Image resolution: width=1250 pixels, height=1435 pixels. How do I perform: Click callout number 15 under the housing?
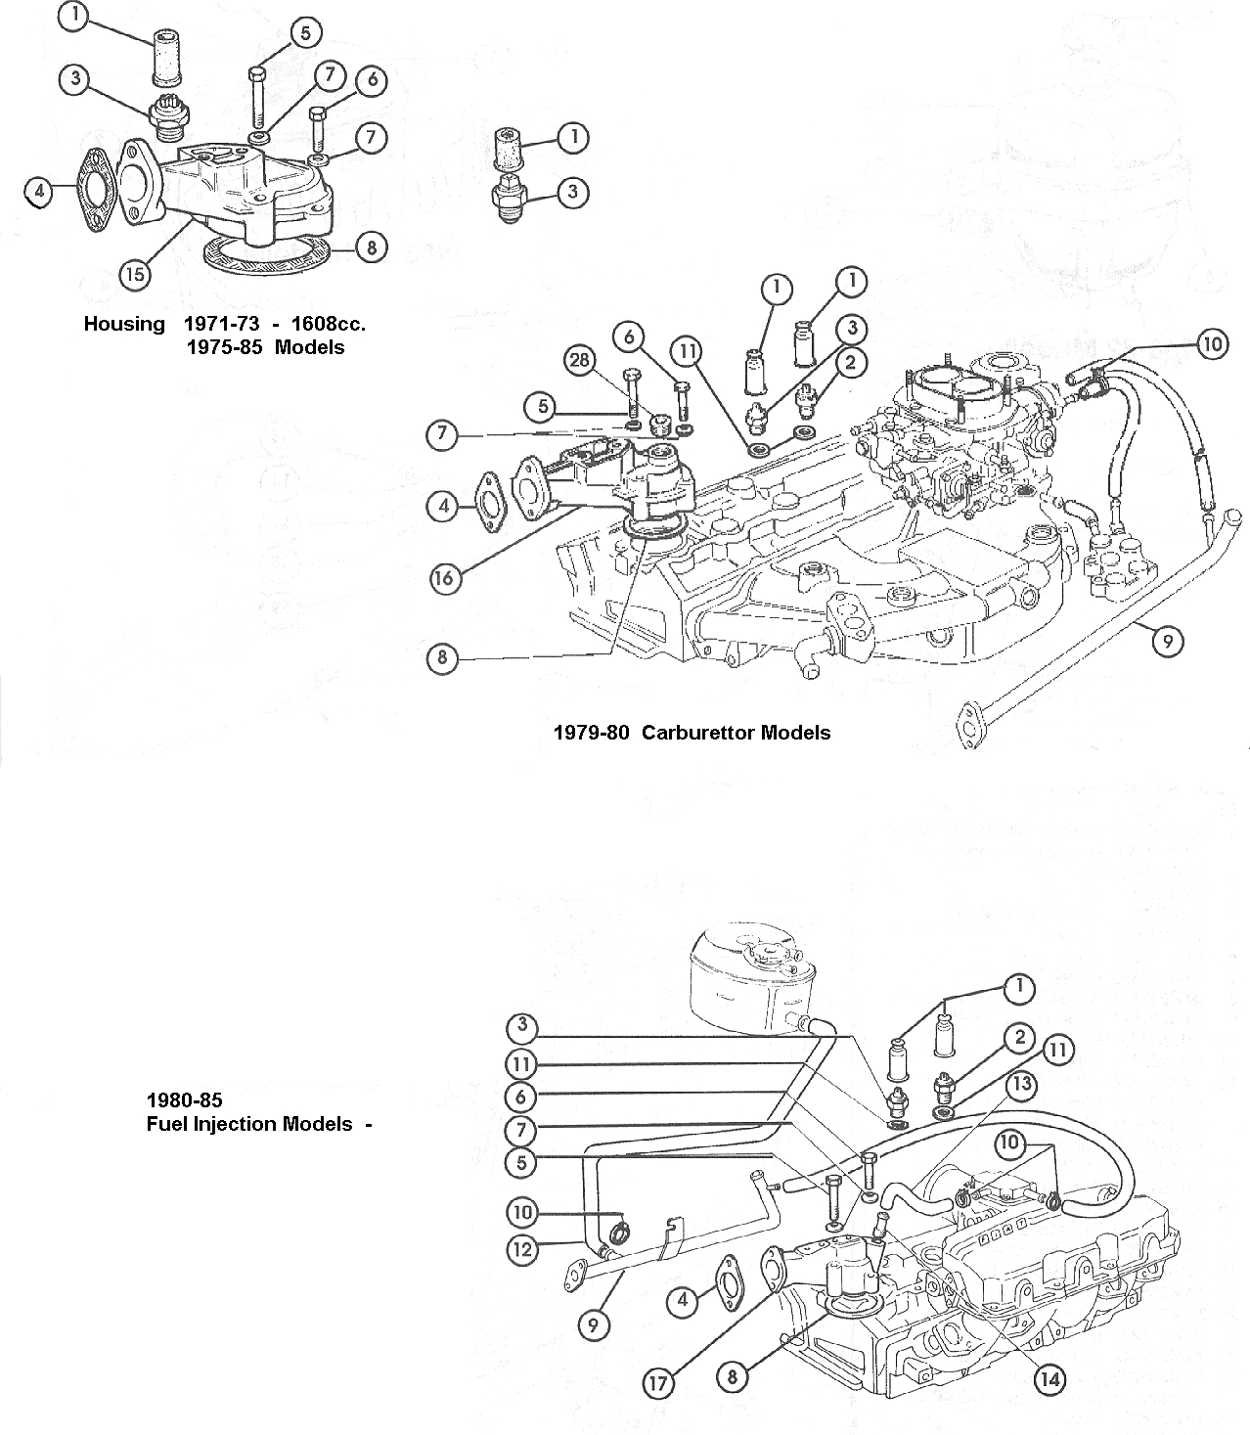[x=135, y=275]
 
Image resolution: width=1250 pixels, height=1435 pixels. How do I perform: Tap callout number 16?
[x=444, y=578]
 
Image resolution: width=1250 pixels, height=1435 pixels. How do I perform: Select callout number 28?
[x=579, y=360]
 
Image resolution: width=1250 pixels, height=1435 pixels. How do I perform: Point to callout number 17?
[x=658, y=1383]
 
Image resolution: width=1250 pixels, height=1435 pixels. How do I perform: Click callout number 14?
[x=1049, y=1379]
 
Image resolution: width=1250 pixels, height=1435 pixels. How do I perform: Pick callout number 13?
[x=1020, y=1085]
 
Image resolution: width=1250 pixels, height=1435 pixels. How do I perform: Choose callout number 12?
[x=521, y=1247]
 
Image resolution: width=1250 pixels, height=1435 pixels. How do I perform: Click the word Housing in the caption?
[x=124, y=324]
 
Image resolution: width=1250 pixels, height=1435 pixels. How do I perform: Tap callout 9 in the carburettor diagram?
[x=1167, y=641]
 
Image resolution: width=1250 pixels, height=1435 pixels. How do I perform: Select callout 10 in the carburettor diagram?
[x=1211, y=344]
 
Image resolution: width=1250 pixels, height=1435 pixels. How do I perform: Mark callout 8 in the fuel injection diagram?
[x=732, y=1377]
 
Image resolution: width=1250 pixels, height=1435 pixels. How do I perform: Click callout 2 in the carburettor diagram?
[x=852, y=363]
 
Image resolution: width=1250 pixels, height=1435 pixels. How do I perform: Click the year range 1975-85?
[x=225, y=347]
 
